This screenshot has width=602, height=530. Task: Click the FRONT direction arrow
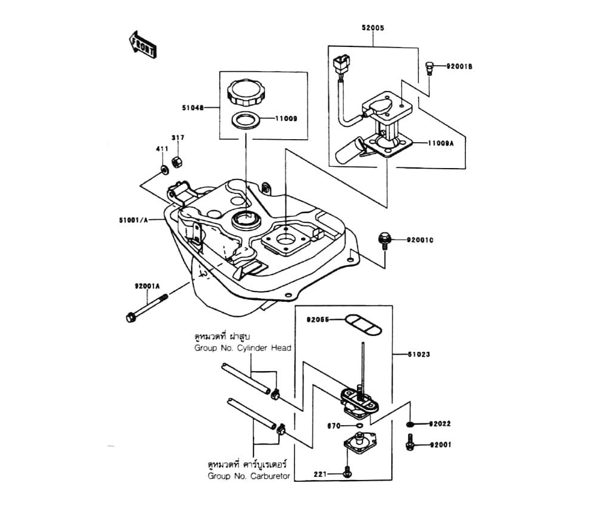(x=143, y=45)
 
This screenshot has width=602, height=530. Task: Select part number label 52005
(x=373, y=28)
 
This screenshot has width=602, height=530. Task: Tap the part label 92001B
(x=459, y=66)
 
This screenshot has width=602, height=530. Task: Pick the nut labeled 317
(x=177, y=161)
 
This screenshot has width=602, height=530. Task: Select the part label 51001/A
(x=134, y=220)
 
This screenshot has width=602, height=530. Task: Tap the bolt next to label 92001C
(x=383, y=239)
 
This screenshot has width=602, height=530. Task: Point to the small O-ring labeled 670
(x=359, y=426)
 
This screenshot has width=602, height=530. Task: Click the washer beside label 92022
(x=409, y=425)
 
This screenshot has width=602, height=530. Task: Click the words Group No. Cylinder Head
(x=243, y=348)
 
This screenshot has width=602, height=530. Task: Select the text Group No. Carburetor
(x=249, y=476)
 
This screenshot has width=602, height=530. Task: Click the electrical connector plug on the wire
(x=341, y=62)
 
